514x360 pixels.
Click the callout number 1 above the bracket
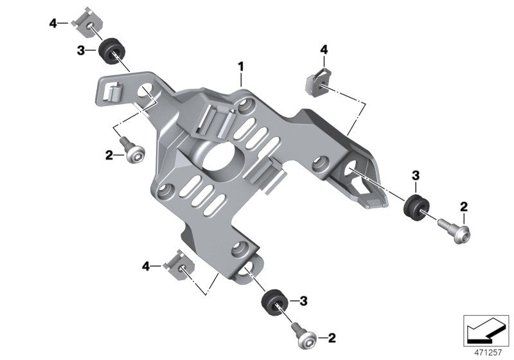[x=241, y=66]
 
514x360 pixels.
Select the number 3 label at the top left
[x=81, y=50]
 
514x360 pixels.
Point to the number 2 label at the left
[x=109, y=154]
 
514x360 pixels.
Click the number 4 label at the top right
[x=324, y=50]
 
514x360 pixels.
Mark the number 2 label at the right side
[x=463, y=206]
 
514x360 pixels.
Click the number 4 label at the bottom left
[x=146, y=265]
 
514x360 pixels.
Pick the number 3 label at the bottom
[x=303, y=300]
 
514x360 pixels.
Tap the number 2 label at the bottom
[x=332, y=337]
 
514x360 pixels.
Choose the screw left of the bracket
[x=132, y=152]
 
